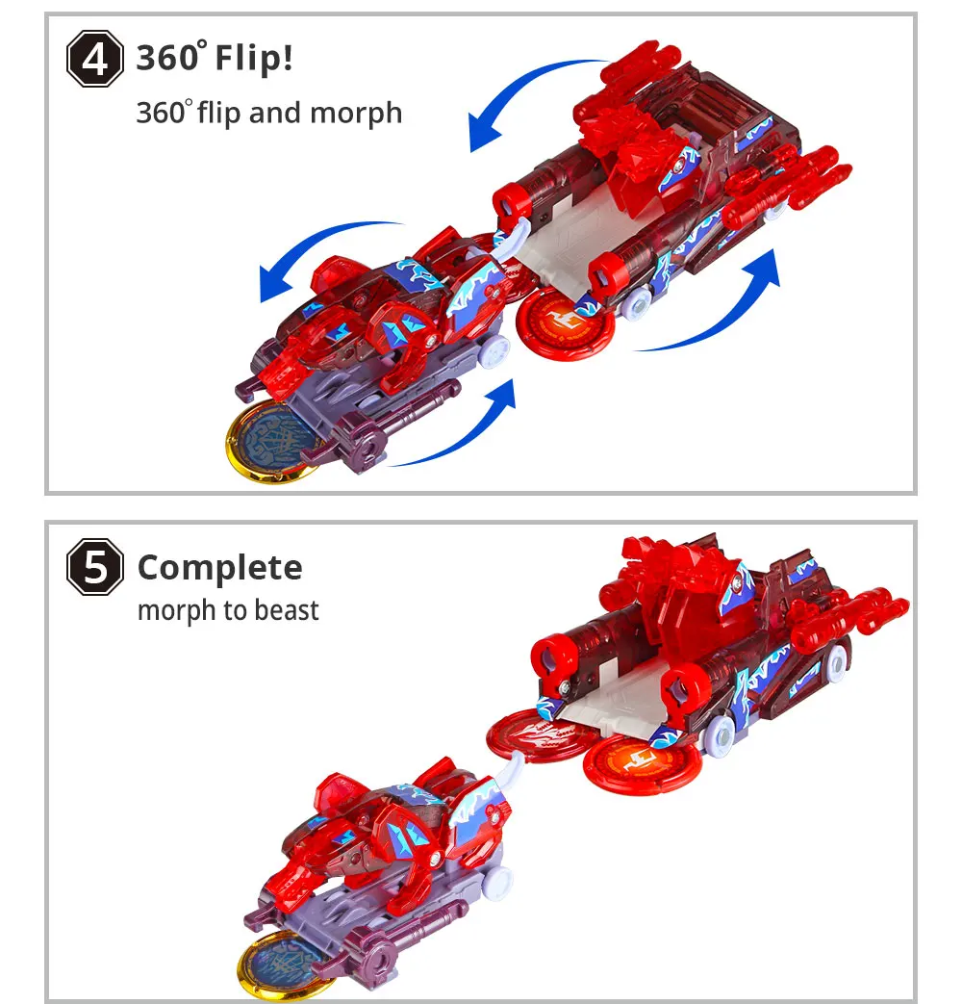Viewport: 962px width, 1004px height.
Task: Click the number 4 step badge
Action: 95,60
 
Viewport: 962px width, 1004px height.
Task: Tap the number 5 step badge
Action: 95,568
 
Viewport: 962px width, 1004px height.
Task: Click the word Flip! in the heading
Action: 253,59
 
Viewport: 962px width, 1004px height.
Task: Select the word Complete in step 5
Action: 219,568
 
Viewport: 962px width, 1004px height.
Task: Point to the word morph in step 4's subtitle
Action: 356,114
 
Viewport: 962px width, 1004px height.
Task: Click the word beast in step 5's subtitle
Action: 286,610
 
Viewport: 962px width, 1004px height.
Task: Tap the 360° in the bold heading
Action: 169,59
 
